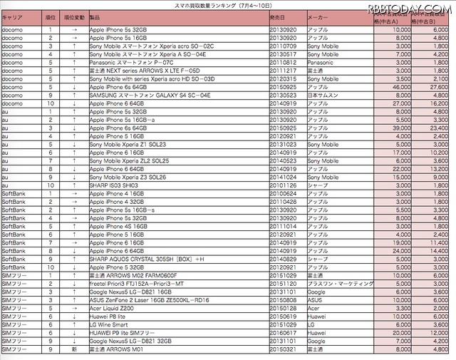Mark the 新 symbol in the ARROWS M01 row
[75, 349]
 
